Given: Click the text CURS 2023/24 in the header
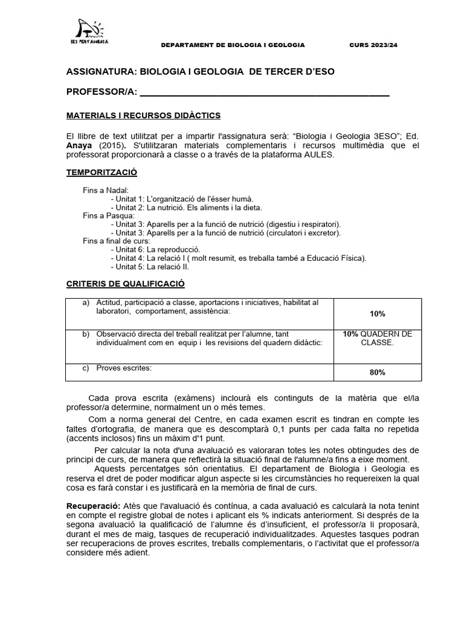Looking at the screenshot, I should point(374,45).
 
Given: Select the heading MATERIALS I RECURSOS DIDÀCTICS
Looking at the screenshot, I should point(143,115).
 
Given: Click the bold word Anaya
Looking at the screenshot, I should point(80,145).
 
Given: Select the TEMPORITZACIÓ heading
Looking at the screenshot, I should point(101,173).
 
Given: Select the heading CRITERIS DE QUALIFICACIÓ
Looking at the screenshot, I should point(125,284).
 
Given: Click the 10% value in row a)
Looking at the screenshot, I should point(377,314).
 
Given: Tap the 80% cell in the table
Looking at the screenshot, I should point(377,372).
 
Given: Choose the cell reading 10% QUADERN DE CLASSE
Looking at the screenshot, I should point(377,338).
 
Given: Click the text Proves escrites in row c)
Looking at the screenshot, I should point(124,368).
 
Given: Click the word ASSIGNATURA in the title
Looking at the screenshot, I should point(101,72).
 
